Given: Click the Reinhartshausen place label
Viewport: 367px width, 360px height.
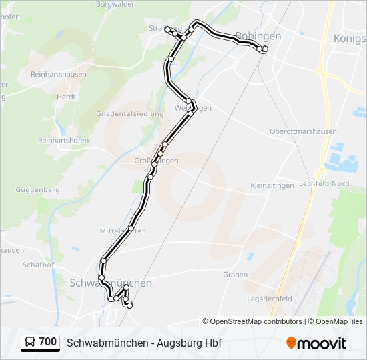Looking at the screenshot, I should (x=58, y=74).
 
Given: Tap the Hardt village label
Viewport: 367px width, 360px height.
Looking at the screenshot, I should (x=66, y=96).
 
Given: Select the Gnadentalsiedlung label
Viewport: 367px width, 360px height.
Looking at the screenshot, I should (x=129, y=113).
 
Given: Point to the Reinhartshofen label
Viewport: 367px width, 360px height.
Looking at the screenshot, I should (x=63, y=141).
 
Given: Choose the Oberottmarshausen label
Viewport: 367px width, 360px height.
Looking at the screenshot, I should (x=303, y=131).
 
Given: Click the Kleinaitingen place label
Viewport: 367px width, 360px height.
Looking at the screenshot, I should (x=272, y=185).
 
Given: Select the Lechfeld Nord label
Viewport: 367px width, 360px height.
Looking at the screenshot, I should (x=324, y=183).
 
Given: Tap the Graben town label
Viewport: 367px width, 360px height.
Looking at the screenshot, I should (x=236, y=274).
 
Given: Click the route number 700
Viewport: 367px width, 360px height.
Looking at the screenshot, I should (x=48, y=342).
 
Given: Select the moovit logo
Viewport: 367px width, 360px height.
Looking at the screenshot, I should (x=316, y=343).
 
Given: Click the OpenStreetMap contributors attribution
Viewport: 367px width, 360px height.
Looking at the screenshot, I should (x=252, y=321).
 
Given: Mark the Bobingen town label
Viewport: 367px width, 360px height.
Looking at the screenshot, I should (x=258, y=36).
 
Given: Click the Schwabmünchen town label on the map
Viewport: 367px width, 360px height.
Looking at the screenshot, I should (x=110, y=283).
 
